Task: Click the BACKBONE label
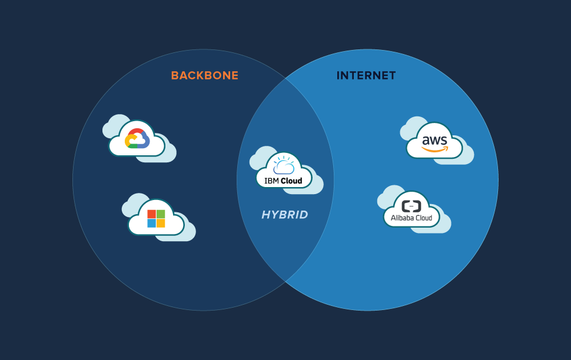pos(204,76)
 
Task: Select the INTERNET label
pos(366,76)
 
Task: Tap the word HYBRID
pos(285,215)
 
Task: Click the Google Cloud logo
pos(137,139)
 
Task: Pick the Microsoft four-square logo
pos(156,218)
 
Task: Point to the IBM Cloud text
pos(283,181)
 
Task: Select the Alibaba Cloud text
pos(411,218)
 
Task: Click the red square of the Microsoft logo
pos(151,214)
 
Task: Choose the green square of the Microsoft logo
pos(161,214)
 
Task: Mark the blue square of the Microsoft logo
pos(151,223)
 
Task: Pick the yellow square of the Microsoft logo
pos(161,223)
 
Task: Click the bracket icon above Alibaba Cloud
pos(411,206)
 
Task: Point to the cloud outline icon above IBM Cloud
pos(283,166)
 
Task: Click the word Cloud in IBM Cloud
pos(291,181)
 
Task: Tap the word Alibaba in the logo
pos(401,218)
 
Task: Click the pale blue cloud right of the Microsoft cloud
pos(187,231)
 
